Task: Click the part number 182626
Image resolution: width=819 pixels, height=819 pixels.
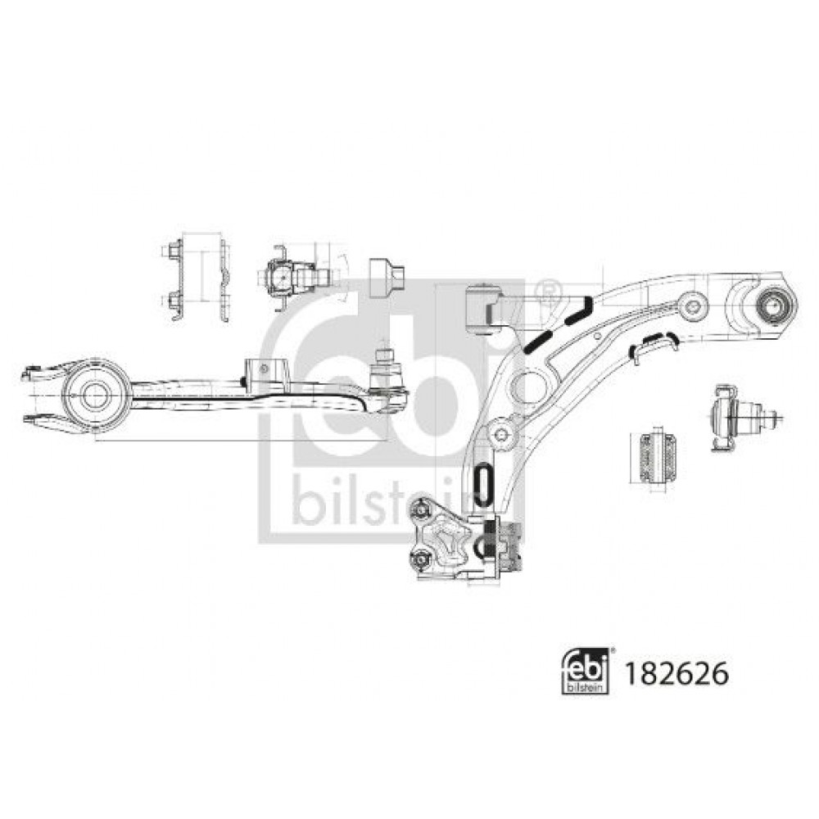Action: (x=676, y=673)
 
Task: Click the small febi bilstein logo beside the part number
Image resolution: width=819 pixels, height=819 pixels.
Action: (x=586, y=672)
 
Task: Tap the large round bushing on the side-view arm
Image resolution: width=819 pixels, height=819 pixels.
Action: (x=95, y=396)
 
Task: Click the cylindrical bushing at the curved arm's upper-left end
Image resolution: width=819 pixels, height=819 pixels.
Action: (x=482, y=309)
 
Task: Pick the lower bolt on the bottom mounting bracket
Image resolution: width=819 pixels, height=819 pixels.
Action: (x=419, y=559)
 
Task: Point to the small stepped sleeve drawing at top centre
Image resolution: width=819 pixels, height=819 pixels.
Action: (x=387, y=278)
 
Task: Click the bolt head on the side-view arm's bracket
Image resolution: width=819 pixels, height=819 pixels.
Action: (x=265, y=369)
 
